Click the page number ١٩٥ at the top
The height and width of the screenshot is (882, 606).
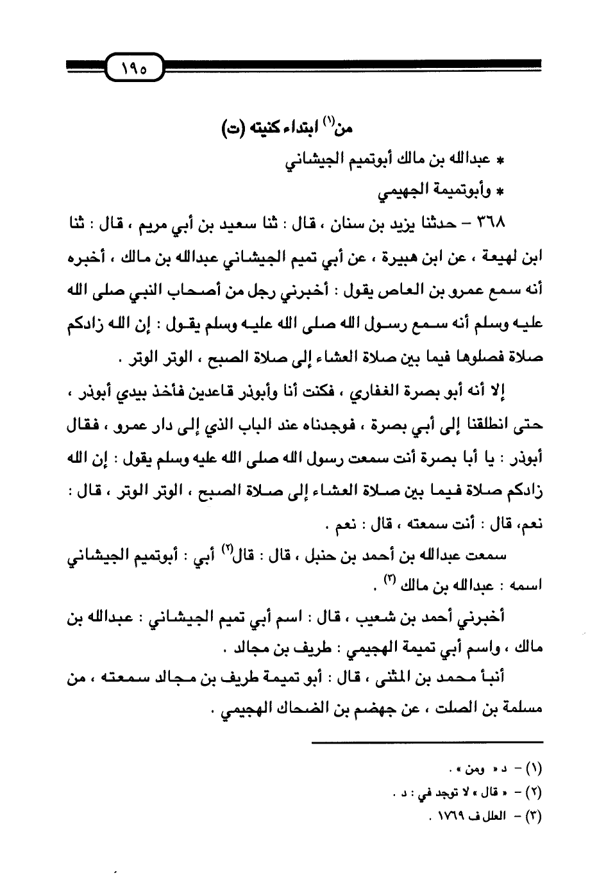pos(132,66)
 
